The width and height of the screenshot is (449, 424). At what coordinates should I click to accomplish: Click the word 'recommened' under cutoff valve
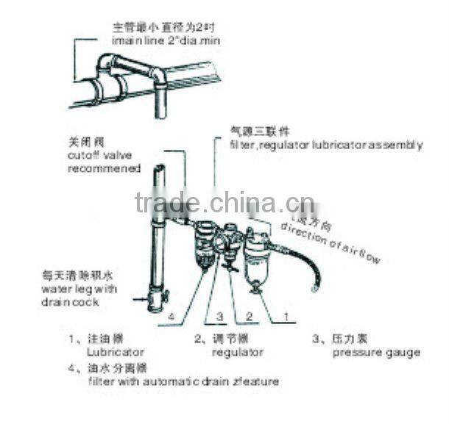point(104,168)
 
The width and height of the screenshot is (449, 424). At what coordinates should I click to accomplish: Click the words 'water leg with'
point(79,289)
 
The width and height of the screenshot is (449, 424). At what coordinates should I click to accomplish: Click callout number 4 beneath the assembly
point(170,317)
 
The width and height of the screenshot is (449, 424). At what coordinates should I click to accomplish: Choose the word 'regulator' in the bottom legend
point(237,353)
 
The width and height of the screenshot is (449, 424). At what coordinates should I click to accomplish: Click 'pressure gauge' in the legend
point(375,353)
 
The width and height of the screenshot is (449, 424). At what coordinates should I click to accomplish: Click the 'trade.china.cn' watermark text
point(224,201)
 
